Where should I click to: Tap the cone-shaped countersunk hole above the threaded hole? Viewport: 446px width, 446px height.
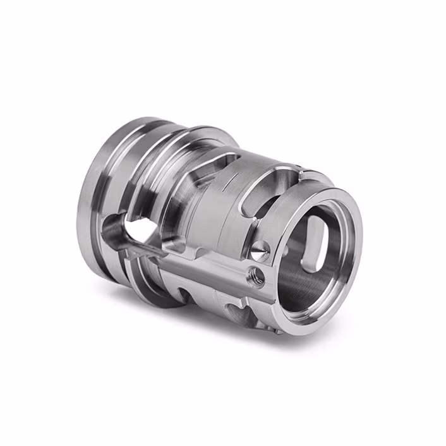tap(259, 250)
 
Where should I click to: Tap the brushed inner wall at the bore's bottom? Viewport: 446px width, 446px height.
tap(303, 291)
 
